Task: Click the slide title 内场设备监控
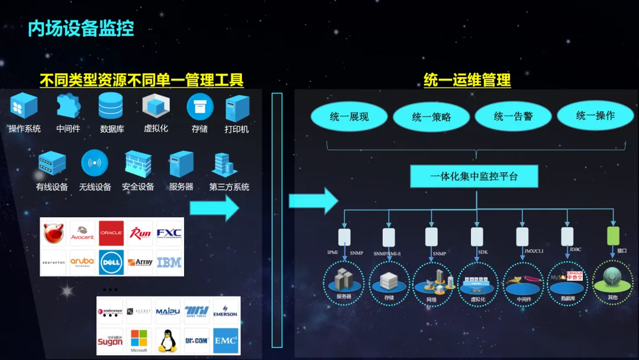[81, 28]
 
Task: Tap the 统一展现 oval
[349, 117]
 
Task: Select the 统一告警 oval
[513, 116]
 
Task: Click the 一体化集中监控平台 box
[474, 176]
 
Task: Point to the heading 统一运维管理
[467, 80]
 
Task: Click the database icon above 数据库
[111, 107]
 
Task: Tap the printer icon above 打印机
[237, 108]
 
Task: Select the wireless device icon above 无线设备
[95, 162]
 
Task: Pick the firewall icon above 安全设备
[138, 163]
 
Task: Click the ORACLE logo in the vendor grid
[111, 233]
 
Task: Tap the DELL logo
[111, 262]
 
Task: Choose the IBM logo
[169, 262]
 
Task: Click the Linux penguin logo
[168, 341]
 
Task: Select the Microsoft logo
[139, 340]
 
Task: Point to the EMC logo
[225, 340]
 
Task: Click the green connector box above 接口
[613, 236]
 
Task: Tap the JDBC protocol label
[575, 250]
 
